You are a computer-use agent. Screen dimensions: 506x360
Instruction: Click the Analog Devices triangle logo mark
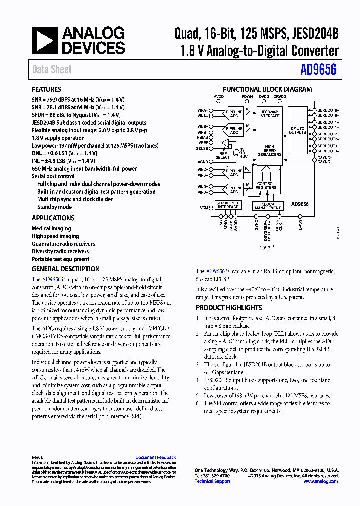coord(44,40)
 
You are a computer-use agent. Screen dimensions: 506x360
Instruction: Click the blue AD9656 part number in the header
coord(318,70)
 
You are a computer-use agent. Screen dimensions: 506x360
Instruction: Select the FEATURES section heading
coord(46,89)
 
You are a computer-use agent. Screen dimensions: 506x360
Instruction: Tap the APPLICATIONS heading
coord(53,218)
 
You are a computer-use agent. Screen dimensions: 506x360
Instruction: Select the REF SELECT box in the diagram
coord(223,155)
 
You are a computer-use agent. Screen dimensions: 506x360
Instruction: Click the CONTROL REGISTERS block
coord(266,186)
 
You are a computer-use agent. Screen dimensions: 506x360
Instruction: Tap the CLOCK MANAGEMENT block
coord(268,206)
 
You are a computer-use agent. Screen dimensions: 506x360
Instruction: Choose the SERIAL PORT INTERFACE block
coord(228,205)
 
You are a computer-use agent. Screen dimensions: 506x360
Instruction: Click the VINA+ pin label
coord(203,110)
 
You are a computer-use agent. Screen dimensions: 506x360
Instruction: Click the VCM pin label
coord(204,207)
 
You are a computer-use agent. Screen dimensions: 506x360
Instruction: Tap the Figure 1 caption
coord(266,247)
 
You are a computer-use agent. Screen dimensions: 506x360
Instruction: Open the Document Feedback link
coord(156,457)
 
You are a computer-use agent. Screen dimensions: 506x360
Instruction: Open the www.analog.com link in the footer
coord(320,481)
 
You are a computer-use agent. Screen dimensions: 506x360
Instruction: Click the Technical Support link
coord(212,481)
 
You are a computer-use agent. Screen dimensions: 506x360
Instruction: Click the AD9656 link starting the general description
coord(51,279)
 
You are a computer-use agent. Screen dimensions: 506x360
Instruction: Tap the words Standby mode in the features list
coord(54,207)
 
